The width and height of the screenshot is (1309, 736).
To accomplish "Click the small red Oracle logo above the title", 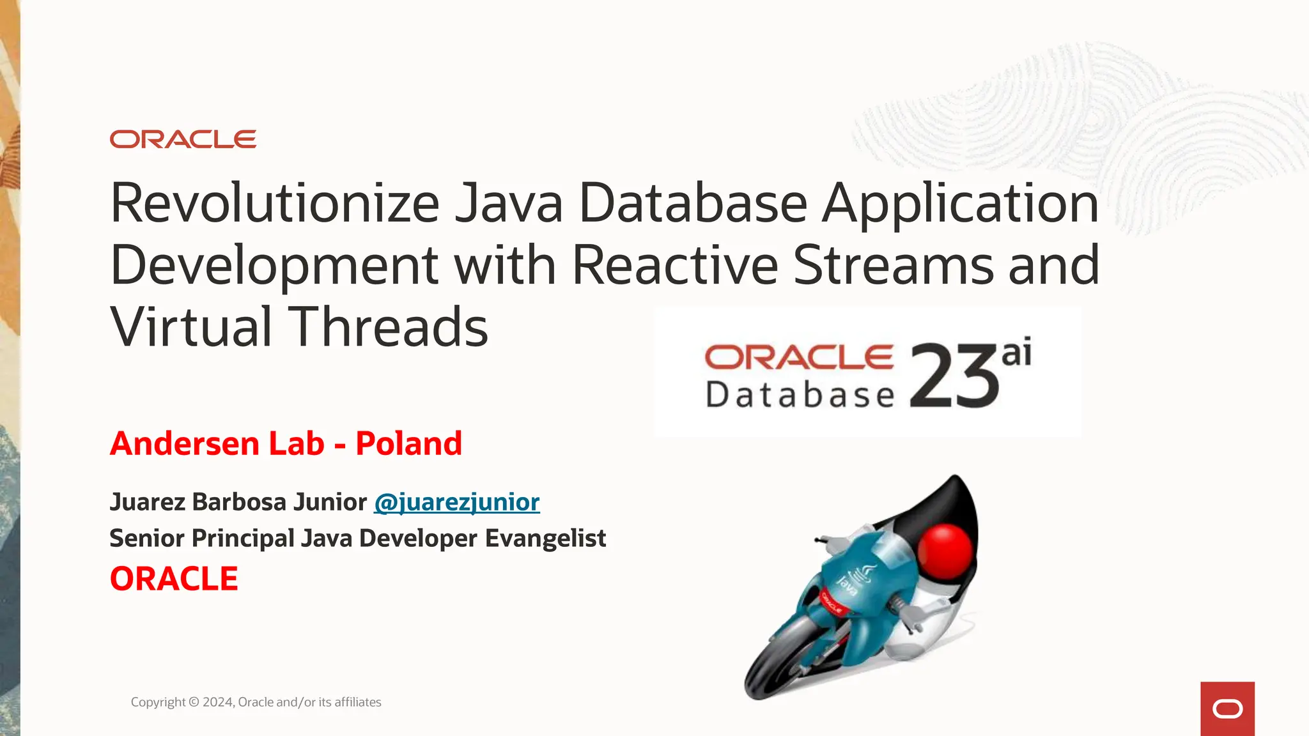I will click(183, 139).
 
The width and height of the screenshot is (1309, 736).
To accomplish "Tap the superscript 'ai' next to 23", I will click(1016, 353).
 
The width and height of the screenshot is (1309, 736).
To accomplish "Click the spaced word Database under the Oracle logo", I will click(800, 394).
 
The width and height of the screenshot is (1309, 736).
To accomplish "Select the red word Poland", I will click(408, 443).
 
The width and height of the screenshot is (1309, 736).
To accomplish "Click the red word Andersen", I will click(185, 443).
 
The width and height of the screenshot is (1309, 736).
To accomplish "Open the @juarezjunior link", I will click(456, 502).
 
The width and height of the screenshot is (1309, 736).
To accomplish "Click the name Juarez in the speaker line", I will click(148, 502).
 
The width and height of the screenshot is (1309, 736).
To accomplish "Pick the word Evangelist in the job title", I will click(545, 539).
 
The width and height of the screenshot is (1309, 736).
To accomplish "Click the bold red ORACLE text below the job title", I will click(174, 579).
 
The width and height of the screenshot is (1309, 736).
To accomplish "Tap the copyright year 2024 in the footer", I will click(218, 702).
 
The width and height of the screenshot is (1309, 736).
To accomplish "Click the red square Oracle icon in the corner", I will click(1227, 709).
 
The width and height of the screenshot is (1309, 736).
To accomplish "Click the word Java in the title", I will click(509, 203).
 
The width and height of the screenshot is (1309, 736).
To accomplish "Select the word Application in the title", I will click(960, 203).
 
